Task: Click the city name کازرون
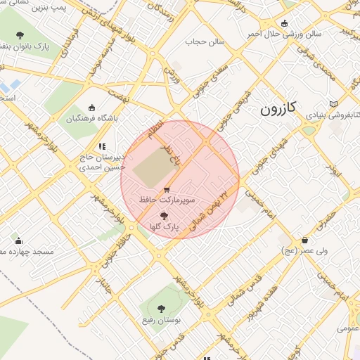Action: coord(278,108)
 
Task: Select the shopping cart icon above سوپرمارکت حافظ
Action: coord(166,190)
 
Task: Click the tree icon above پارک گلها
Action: coord(165,217)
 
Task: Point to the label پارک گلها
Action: coord(165,227)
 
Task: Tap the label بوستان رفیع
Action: coord(162,319)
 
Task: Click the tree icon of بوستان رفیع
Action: coord(162,308)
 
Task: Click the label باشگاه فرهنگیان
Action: coord(89,118)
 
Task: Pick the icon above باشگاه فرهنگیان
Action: coord(91,108)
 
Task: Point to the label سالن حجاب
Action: coord(204,41)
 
